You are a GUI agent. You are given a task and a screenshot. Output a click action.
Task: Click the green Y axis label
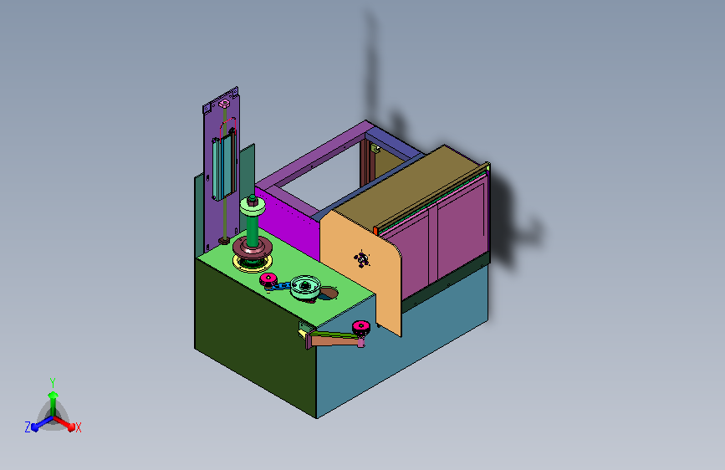[53, 382]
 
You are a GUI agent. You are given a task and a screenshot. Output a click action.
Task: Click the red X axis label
[78, 427]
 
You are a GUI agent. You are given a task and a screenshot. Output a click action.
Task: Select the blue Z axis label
[28, 427]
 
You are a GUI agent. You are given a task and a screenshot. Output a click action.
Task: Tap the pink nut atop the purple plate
[224, 103]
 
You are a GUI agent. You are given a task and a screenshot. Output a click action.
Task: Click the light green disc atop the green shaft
[253, 207]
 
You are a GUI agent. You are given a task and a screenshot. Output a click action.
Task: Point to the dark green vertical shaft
[253, 229]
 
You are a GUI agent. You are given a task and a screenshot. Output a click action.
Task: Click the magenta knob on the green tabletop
[268, 279]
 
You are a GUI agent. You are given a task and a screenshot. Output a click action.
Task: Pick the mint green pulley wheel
[305, 287]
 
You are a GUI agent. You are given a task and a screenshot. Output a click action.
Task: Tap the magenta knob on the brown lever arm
[360, 328]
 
